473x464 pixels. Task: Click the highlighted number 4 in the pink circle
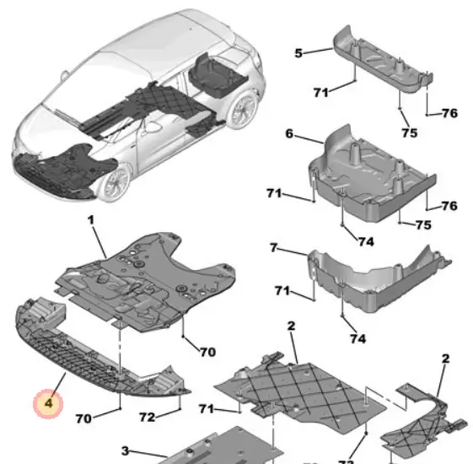pos(49,403)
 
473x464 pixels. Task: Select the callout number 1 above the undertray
pos(91,220)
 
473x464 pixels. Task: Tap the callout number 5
pos(298,53)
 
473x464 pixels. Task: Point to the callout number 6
pos(289,133)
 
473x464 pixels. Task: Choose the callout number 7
pos(273,248)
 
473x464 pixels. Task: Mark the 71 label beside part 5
pos(320,92)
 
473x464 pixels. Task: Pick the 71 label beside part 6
pos(274,193)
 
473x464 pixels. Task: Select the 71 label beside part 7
pos(282,291)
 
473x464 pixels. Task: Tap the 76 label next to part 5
pos(450,113)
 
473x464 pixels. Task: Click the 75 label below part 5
pos(410,132)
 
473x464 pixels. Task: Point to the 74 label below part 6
pos(366,241)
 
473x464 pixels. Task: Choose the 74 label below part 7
pos(358,338)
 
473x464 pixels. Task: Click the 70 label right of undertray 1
pos(208,352)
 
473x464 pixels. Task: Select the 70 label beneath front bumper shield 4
pos(83,418)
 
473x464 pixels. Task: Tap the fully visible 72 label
pos(148,418)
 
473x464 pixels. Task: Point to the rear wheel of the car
pos(243,110)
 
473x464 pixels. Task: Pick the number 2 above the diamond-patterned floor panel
pos(291,326)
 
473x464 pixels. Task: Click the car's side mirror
pos(64,75)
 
